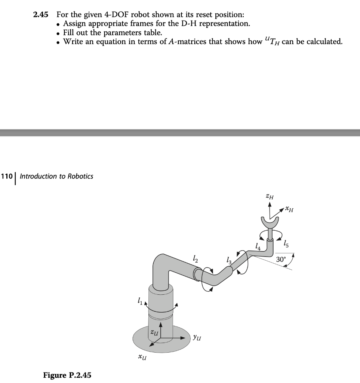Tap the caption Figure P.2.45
(x=67, y=375)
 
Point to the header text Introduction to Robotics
(x=56, y=176)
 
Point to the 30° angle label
(x=281, y=259)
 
